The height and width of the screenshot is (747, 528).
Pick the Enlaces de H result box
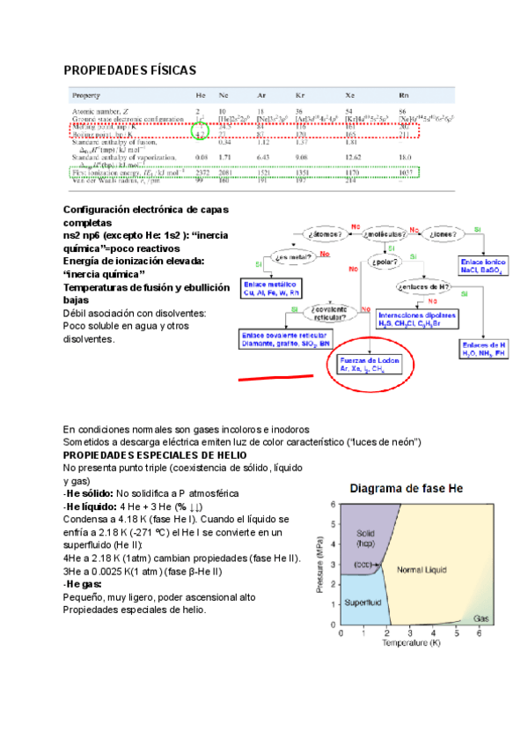point(491,347)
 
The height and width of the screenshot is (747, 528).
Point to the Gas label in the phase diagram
point(481,619)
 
